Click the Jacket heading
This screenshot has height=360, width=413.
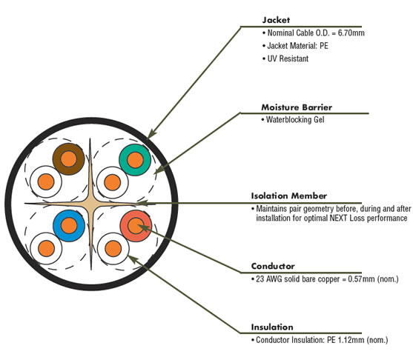click(276, 20)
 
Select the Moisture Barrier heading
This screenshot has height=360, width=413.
click(297, 107)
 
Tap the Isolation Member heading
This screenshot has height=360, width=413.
click(289, 196)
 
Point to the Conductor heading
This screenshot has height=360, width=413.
click(273, 266)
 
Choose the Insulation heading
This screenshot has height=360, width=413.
click(272, 327)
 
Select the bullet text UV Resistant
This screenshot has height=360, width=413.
click(288, 59)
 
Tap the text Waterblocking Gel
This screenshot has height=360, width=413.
click(295, 120)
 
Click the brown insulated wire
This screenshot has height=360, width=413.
click(68, 159)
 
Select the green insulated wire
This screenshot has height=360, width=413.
click(135, 160)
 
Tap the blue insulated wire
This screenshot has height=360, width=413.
click(69, 225)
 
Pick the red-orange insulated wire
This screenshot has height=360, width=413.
click(136, 226)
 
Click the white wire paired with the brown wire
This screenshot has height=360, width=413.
click(46, 181)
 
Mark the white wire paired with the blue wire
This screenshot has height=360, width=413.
click(47, 248)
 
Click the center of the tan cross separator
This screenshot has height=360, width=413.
click(91, 204)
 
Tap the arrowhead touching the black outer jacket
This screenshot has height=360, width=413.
click(151, 134)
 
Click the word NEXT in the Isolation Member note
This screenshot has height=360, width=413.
click(337, 219)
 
